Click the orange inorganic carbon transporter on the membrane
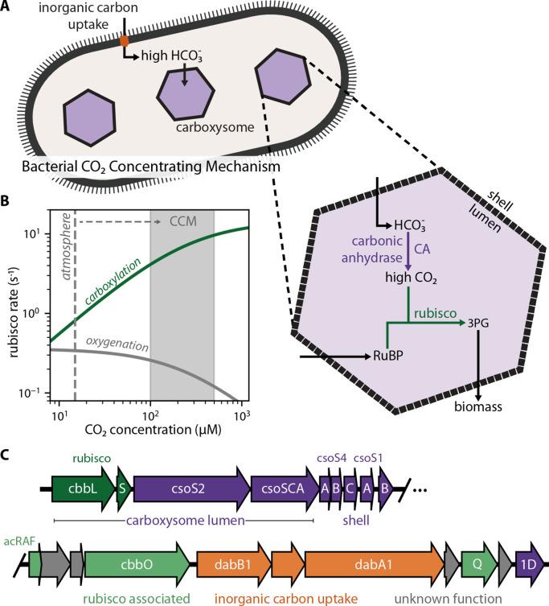click(125, 39)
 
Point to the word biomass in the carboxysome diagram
click(477, 408)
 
